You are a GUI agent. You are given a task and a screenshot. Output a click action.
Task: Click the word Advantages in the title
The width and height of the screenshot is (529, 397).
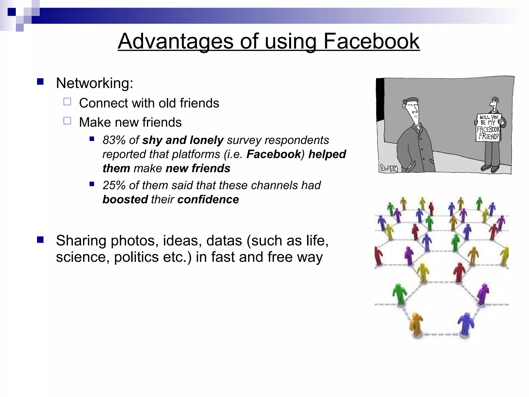click(175, 41)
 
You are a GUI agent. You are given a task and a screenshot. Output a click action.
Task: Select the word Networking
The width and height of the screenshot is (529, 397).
click(94, 83)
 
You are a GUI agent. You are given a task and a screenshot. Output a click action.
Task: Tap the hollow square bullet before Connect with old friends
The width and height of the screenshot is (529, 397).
click(67, 102)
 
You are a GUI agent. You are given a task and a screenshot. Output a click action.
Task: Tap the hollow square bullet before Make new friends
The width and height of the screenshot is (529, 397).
click(67, 121)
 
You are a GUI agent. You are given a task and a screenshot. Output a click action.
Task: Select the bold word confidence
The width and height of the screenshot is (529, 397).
click(208, 200)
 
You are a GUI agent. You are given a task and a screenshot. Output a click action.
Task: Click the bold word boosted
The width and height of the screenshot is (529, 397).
click(125, 200)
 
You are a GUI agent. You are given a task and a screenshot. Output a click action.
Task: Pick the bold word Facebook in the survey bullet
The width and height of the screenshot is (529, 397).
click(274, 154)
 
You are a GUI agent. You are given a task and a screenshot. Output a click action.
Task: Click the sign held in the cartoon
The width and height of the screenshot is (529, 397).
click(488, 127)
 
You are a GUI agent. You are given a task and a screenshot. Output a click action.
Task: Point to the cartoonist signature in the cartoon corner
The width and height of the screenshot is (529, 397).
click(389, 168)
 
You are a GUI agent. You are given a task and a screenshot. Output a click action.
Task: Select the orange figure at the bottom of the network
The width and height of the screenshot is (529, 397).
click(416, 324)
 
